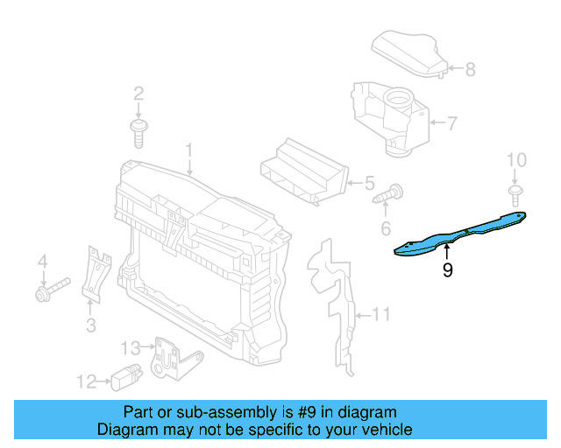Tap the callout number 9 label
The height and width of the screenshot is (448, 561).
pos(448,271)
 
